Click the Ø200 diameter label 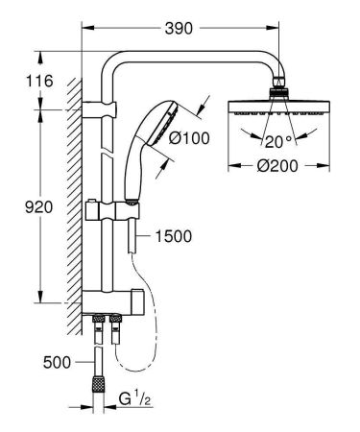click(x=275, y=166)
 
